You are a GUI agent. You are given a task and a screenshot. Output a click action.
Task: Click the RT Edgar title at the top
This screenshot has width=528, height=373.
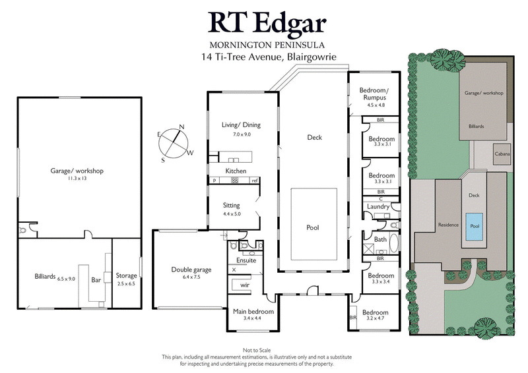pos(268,22)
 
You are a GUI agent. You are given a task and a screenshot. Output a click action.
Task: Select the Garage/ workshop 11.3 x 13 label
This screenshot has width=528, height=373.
pos(77,174)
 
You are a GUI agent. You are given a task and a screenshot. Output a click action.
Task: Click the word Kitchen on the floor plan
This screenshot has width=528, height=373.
pos(236,171)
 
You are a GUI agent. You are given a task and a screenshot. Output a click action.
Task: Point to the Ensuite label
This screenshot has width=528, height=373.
pos(245,260)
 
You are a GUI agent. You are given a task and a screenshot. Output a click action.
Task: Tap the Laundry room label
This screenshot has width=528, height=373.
pos(376,206)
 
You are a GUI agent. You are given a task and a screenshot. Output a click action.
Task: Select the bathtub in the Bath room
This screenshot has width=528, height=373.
pos(395,243)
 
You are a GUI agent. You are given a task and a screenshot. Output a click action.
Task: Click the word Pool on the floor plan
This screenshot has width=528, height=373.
pos(313,227)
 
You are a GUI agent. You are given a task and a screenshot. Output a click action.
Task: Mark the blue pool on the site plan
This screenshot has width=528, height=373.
pos(473,225)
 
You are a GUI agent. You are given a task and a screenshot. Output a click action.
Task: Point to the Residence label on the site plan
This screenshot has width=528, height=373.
pos(448,225)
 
